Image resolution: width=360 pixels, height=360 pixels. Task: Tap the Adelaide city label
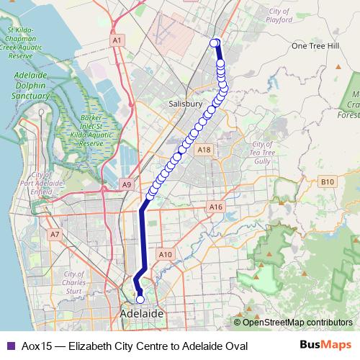[x=141, y=315]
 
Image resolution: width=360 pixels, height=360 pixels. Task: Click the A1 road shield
[x=117, y=42]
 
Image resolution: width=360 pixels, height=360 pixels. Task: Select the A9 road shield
[x=127, y=185]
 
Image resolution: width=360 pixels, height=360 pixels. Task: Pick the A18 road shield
[x=204, y=150]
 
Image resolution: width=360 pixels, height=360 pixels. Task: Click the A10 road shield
[x=166, y=254]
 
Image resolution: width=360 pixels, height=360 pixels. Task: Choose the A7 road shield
[x=55, y=234]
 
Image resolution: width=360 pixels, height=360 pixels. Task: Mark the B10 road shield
[x=328, y=182]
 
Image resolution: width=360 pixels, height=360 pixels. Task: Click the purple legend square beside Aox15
[x=10, y=346]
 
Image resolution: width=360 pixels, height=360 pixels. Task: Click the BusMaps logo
[x=326, y=346]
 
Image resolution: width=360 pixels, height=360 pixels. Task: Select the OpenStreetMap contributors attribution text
[x=297, y=323]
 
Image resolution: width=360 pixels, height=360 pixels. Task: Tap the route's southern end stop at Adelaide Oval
[x=140, y=300]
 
